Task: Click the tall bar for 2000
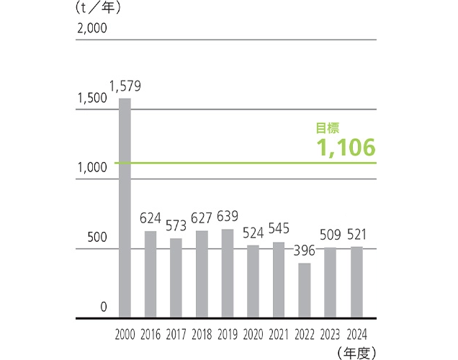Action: (x=125, y=208)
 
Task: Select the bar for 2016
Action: (x=151, y=274)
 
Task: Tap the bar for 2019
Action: (x=228, y=274)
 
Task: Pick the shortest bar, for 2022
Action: (x=305, y=291)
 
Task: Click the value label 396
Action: (x=305, y=251)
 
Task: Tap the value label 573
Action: (x=176, y=226)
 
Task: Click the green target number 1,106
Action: (x=346, y=148)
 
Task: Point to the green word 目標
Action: (x=328, y=128)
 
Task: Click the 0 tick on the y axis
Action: (x=103, y=307)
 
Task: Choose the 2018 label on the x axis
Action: (x=202, y=334)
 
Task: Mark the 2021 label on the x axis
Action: (x=279, y=334)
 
